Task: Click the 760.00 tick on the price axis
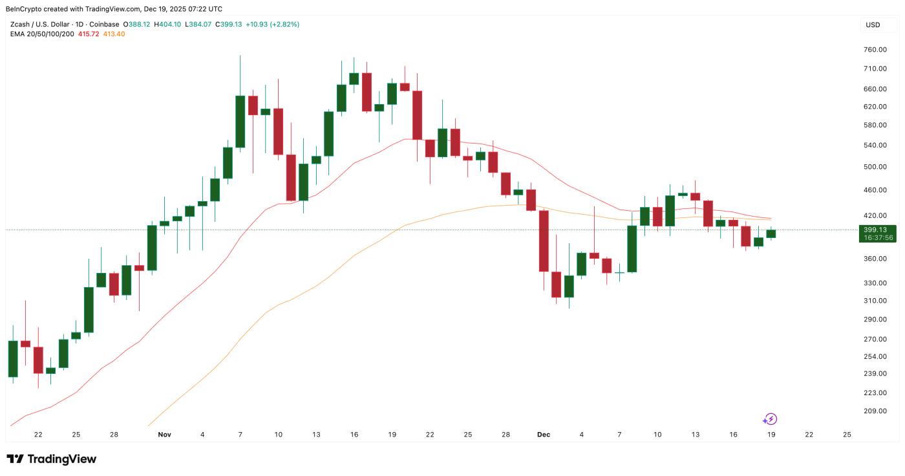[x=875, y=50]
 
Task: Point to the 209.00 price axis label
[x=875, y=411]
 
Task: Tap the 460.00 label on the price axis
[x=875, y=190]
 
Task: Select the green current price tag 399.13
[x=878, y=230]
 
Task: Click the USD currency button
[x=873, y=25]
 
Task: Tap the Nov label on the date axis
[x=164, y=435]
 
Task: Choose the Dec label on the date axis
[x=543, y=435]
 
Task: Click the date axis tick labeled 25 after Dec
[x=847, y=435]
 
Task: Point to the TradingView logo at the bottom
[x=52, y=459]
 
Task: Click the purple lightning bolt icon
[x=770, y=419]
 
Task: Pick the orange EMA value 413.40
[x=114, y=34]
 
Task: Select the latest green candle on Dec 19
[x=771, y=233]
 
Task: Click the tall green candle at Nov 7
[x=240, y=122]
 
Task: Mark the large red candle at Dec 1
[x=544, y=241]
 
